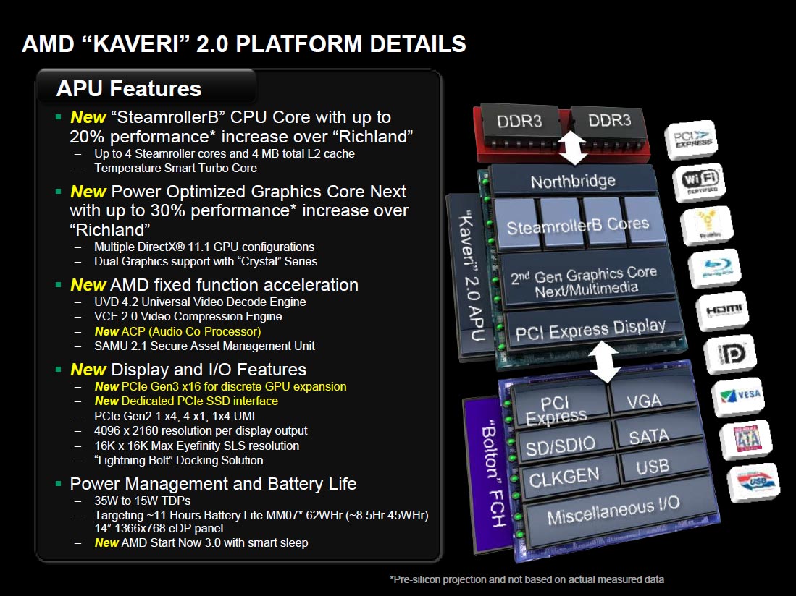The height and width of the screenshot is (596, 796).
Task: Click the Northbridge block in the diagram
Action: (572, 181)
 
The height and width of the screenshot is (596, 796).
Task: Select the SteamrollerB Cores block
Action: (577, 226)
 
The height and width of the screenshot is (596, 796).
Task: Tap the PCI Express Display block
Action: (590, 330)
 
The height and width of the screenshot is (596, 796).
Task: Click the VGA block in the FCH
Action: (643, 399)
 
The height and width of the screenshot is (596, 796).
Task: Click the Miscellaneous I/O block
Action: (613, 511)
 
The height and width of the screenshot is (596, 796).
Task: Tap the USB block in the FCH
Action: (651, 468)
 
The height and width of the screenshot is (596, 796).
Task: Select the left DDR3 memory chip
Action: (519, 121)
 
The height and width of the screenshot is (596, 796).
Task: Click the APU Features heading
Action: (129, 89)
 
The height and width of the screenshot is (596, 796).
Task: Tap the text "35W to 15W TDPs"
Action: (143, 501)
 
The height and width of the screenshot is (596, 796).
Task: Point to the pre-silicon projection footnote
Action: (527, 579)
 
